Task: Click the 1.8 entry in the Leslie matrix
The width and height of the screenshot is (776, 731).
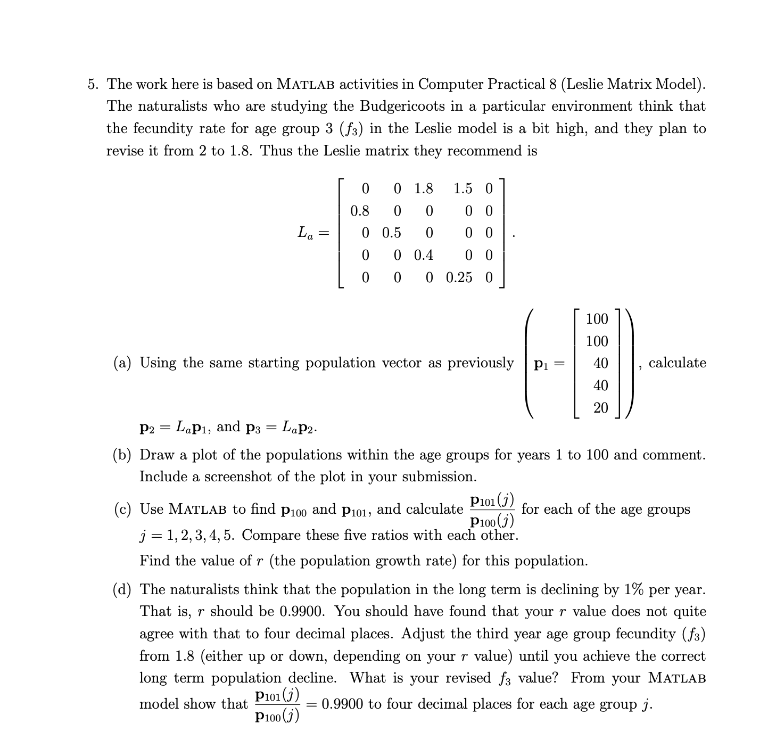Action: [423, 188]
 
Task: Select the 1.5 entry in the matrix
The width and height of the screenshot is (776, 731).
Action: [463, 188]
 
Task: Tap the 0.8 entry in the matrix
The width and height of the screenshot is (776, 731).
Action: [360, 211]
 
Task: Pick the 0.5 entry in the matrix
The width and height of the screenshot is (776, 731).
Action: [392, 233]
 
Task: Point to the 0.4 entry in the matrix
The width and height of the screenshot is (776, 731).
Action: [423, 256]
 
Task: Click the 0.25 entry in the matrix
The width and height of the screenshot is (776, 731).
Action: [459, 278]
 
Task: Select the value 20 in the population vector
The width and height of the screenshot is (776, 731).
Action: [600, 408]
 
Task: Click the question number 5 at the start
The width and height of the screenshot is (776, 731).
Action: [93, 84]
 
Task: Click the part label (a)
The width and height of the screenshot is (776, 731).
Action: [122, 363]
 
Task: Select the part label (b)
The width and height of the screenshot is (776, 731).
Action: [122, 455]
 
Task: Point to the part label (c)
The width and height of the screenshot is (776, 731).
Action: [122, 510]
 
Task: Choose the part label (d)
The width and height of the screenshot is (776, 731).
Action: [122, 589]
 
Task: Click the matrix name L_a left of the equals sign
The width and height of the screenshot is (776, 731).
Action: [305, 233]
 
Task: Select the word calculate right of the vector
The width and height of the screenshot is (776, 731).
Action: [677, 363]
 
